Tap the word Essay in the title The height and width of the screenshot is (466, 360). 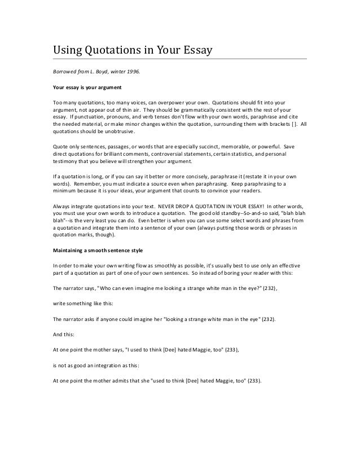point(193,51)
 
